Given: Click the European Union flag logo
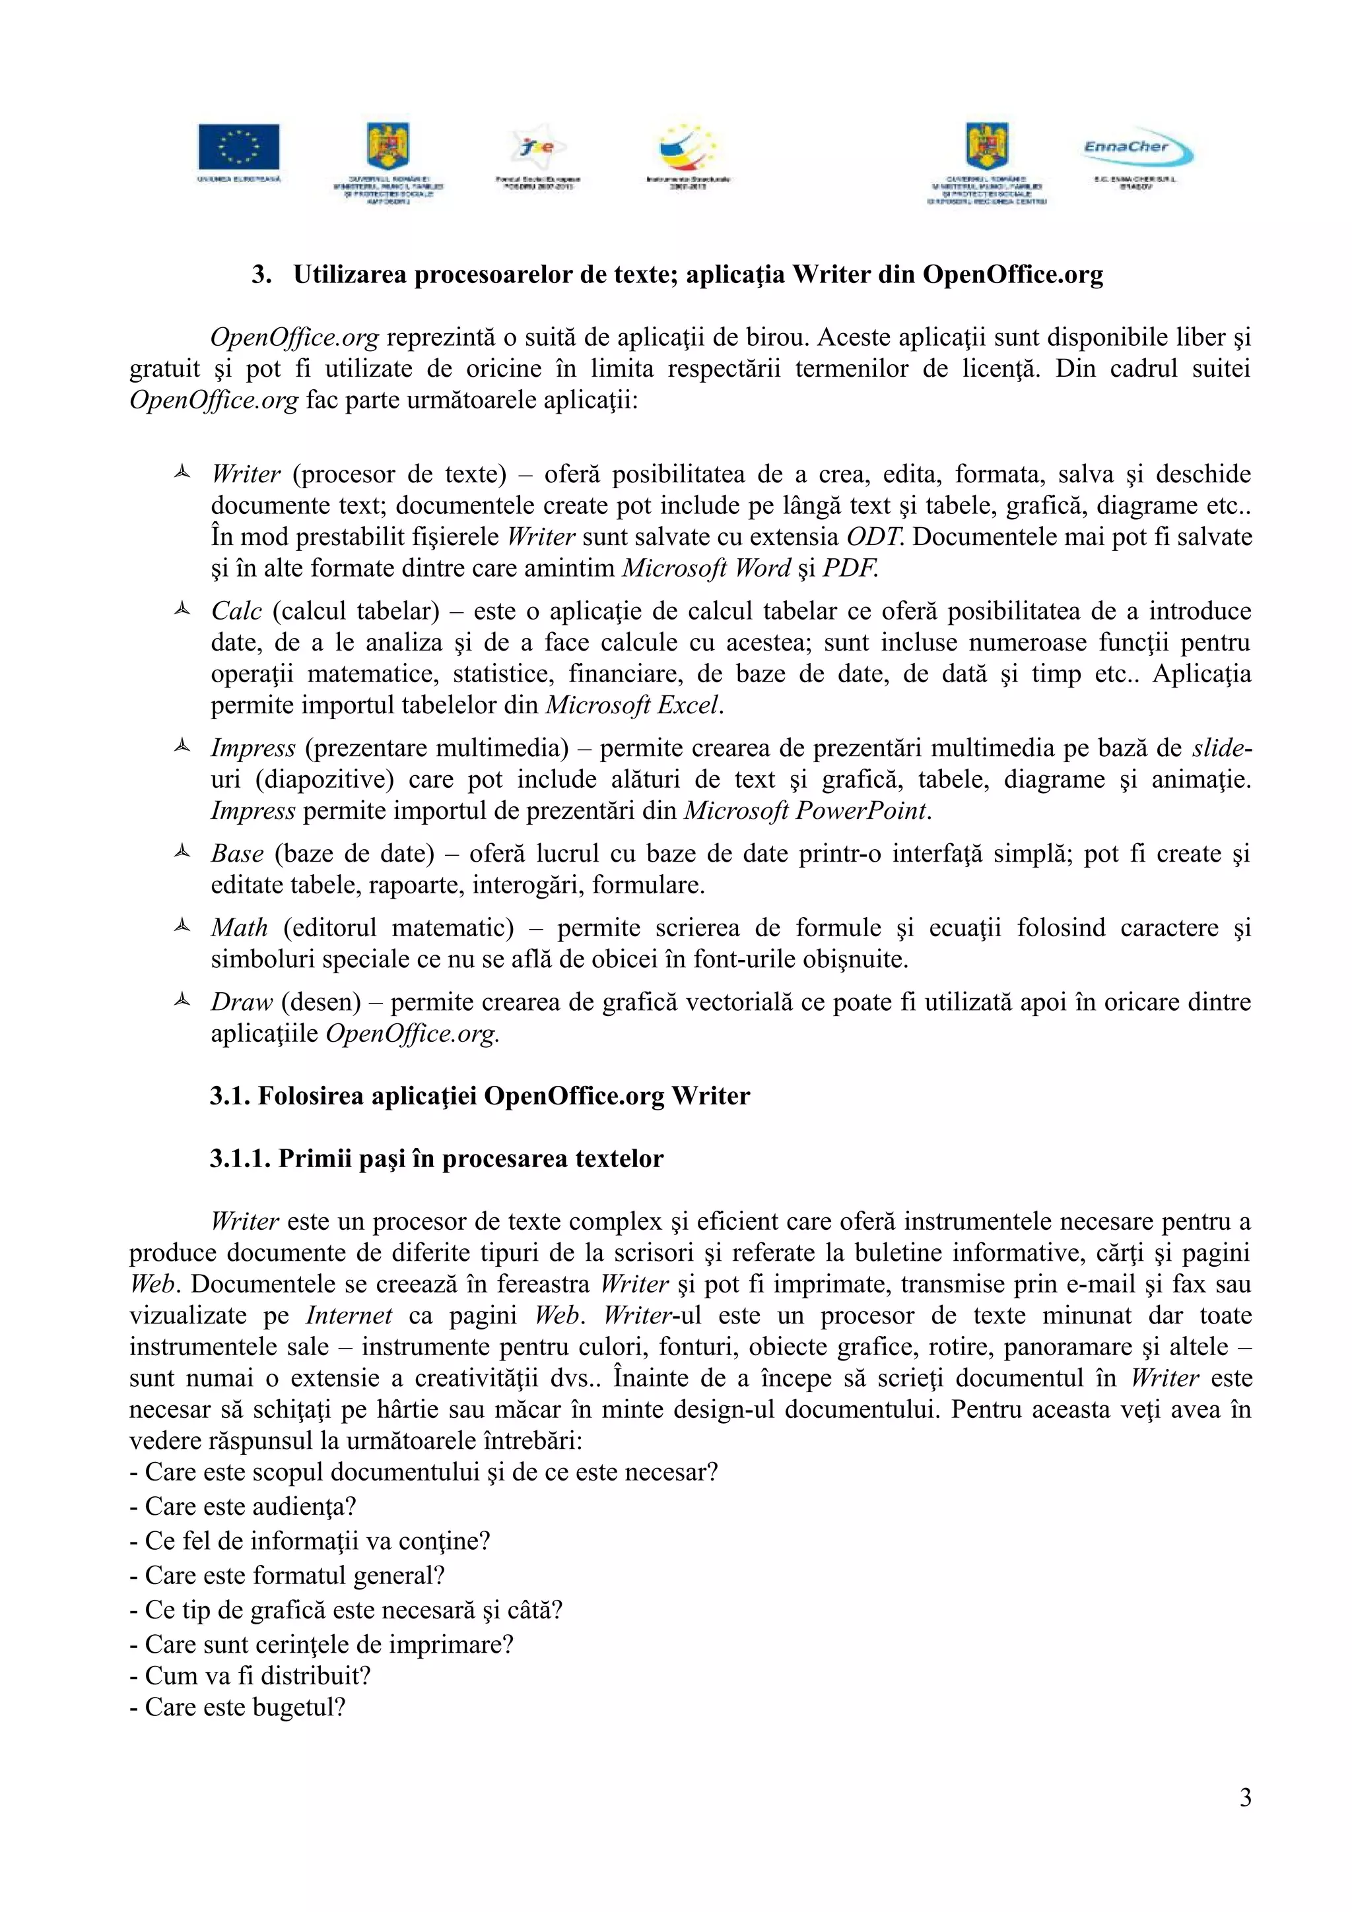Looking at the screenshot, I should tap(238, 147).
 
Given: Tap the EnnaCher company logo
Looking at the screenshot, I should tap(1136, 150).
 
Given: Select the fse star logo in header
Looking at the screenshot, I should tap(537, 148).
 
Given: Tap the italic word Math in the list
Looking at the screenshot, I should tap(239, 928).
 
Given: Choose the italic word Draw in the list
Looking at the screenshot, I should tap(242, 1002).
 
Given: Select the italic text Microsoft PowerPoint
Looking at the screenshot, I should tap(805, 811).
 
